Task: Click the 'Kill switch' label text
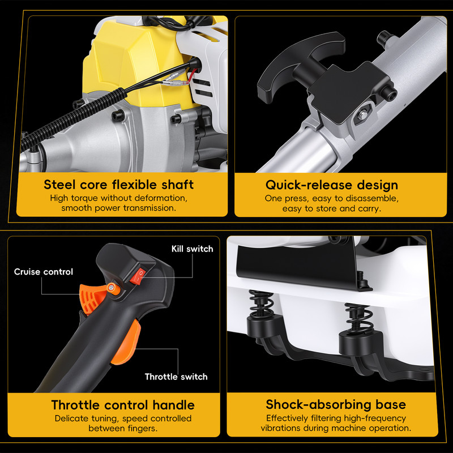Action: click(x=192, y=249)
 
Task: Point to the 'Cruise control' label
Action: click(x=44, y=272)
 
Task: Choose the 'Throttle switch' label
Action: click(x=176, y=377)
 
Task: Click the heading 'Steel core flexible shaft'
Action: click(x=118, y=185)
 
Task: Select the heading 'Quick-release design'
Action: click(x=332, y=185)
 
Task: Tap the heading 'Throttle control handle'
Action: click(x=123, y=405)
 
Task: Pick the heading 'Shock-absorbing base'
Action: click(x=336, y=404)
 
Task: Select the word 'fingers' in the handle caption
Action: click(x=144, y=429)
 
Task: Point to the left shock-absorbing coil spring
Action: click(x=261, y=304)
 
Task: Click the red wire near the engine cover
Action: click(x=192, y=76)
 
